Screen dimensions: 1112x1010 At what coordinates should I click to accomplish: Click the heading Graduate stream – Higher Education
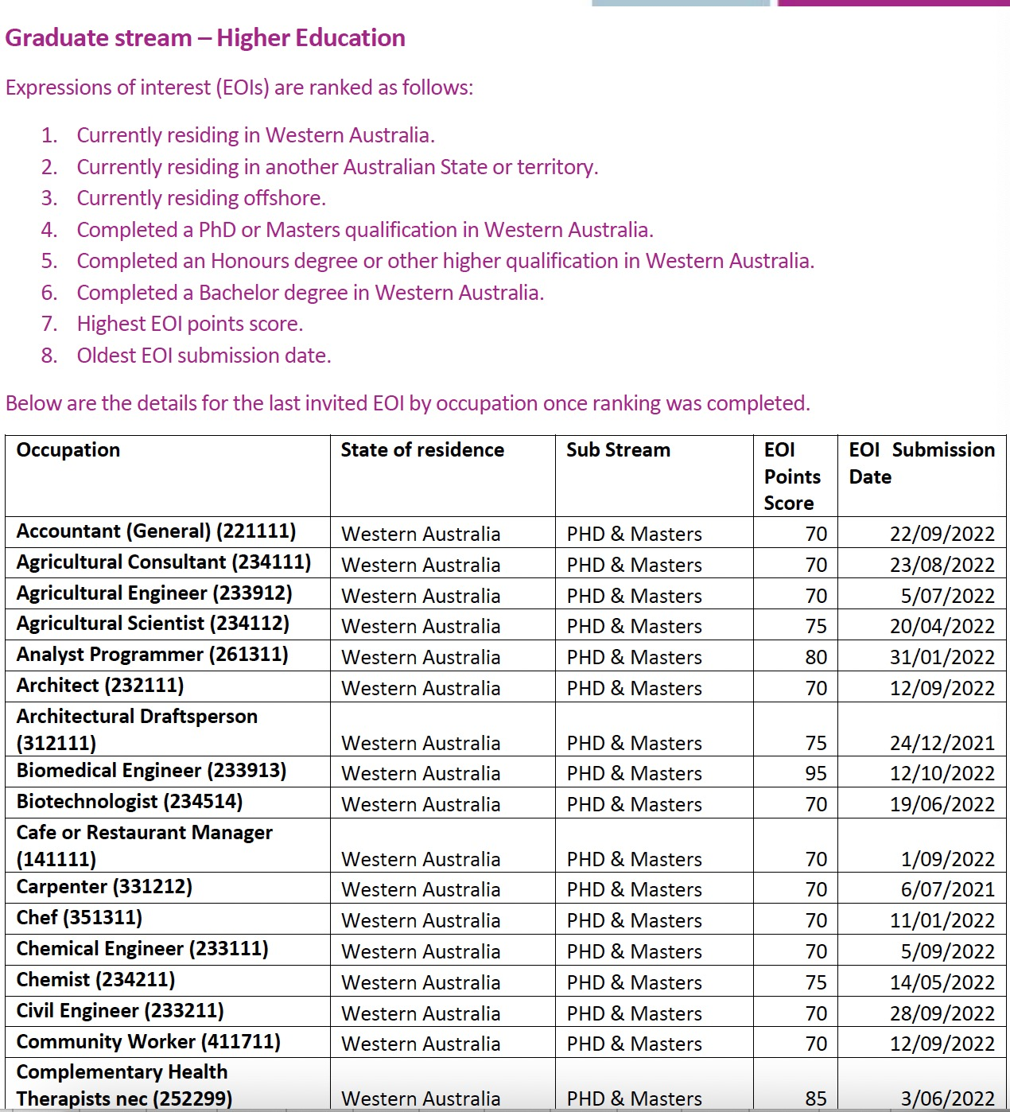coord(205,38)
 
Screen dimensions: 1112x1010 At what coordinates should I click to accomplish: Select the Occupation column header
coord(68,450)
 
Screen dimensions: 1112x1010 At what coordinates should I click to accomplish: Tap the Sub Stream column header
coord(618,450)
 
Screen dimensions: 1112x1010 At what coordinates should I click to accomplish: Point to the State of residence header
coord(422,450)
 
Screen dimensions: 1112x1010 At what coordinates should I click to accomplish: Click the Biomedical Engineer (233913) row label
coord(151,771)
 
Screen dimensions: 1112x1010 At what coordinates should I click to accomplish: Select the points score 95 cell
coord(816,773)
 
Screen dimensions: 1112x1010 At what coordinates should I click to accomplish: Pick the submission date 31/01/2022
coord(942,658)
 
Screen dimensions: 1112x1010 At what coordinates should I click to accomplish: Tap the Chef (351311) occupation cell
coord(80,918)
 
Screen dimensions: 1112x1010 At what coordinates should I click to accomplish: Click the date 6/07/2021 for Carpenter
coord(947,890)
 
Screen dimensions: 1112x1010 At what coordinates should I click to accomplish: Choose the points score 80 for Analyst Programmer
coord(816,658)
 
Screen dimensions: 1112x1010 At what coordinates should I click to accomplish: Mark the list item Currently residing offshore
coord(201,198)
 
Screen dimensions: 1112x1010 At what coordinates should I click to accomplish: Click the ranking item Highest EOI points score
coord(190,324)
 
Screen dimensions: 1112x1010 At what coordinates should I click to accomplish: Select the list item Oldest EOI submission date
coord(204,356)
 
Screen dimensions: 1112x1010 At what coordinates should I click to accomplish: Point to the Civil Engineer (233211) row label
coord(120,1011)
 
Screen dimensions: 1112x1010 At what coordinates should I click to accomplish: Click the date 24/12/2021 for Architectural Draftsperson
coord(942,744)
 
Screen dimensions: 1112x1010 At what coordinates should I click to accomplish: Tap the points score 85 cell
coord(816,1098)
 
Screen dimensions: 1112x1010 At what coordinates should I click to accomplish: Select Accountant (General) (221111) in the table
coord(156,531)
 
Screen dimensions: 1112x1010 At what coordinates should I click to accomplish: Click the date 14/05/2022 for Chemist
coord(942,983)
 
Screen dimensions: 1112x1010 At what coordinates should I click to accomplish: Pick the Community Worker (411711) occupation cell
coord(149,1042)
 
